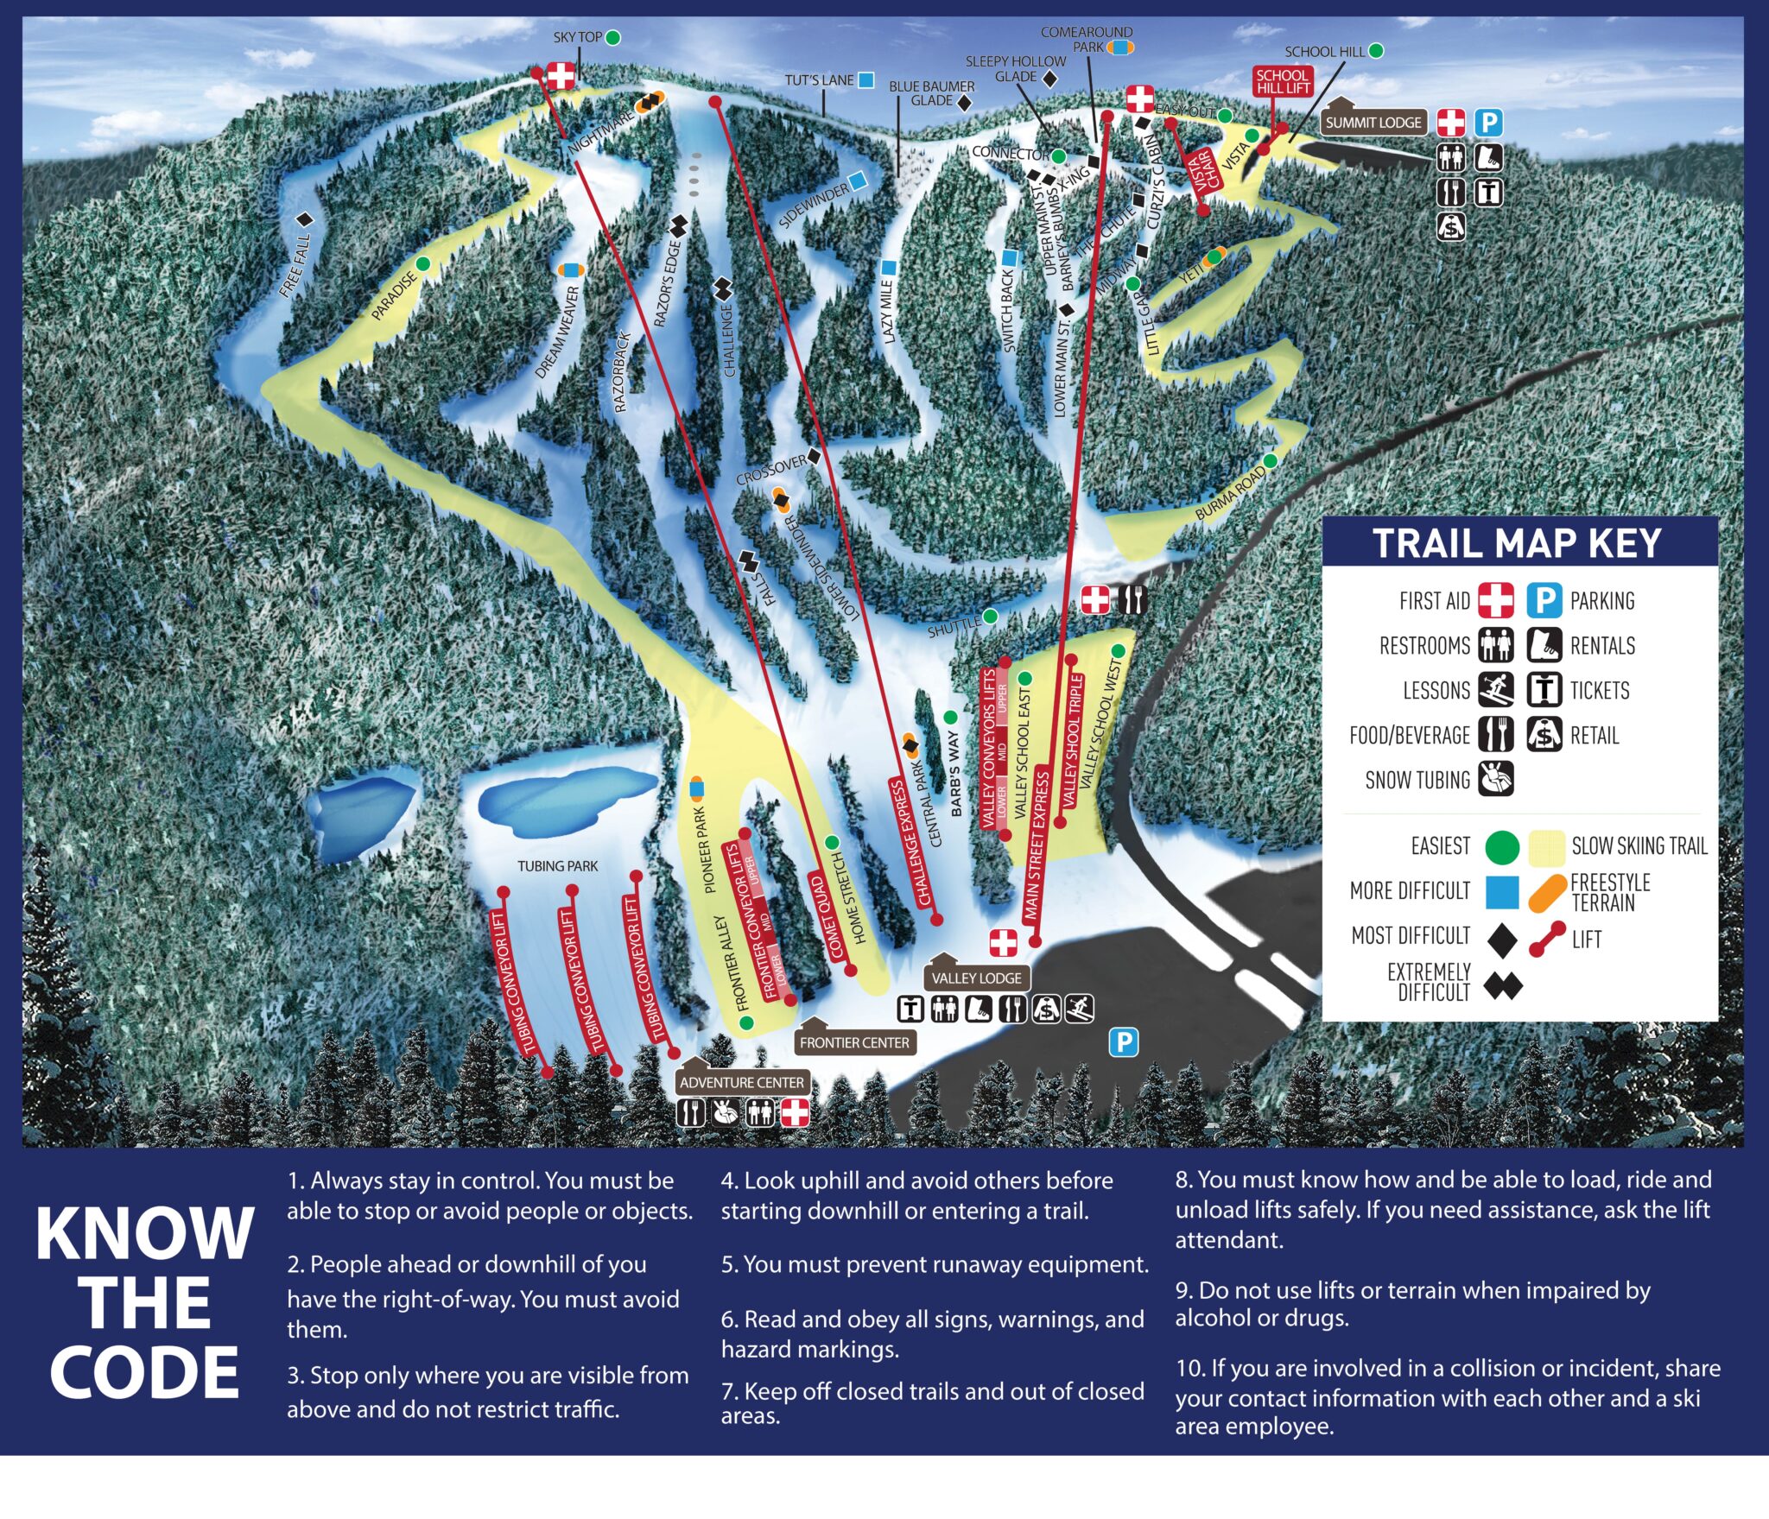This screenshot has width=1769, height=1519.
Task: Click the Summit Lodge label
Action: pos(1373,123)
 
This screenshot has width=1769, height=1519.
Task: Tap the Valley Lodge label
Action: pos(976,978)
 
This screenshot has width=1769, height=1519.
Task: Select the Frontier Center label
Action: pos(854,1042)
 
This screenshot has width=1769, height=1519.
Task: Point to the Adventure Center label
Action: pos(741,1082)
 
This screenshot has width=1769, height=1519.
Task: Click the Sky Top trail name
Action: pos(577,37)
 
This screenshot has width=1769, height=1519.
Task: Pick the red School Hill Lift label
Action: pos(1284,81)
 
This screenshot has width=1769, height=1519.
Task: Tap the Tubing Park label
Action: pos(557,865)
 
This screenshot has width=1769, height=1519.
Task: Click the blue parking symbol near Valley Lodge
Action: pos(1123,1042)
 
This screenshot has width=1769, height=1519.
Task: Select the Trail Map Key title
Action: pos(1518,544)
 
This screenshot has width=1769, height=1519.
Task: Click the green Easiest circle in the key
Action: pos(1502,847)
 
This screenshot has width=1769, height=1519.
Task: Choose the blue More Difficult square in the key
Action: pos(1502,892)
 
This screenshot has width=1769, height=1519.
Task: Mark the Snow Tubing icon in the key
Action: pos(1496,779)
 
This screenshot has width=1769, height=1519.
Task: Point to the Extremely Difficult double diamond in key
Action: pos(1503,985)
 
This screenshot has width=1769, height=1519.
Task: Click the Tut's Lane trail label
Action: pos(819,80)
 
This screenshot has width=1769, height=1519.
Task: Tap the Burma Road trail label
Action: pos(1230,493)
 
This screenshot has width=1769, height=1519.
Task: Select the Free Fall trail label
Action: pos(295,265)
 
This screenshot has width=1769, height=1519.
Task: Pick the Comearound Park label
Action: pos(1086,40)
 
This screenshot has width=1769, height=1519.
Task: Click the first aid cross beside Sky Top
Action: pos(561,76)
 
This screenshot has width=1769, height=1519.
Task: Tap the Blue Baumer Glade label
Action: pos(931,93)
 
